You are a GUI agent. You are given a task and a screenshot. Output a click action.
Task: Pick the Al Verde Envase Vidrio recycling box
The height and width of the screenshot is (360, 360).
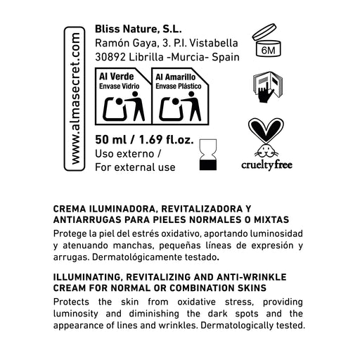click(124, 98)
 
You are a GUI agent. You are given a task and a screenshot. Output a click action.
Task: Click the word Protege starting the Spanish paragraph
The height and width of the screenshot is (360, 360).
click(71, 233)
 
